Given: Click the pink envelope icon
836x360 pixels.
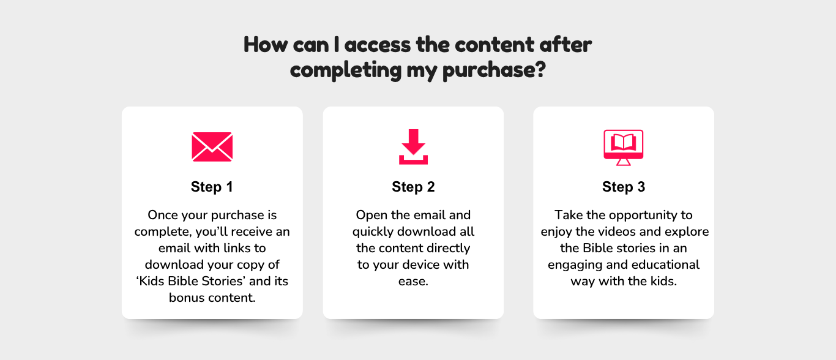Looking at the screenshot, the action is pyautogui.click(x=212, y=147).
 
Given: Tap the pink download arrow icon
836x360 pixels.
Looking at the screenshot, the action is pyautogui.click(x=413, y=147).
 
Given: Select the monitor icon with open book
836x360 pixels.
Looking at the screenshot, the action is pyautogui.click(x=623, y=148).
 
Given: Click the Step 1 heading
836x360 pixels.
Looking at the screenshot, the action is pyautogui.click(x=212, y=187).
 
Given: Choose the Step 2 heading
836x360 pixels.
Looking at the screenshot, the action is pyautogui.click(x=413, y=187).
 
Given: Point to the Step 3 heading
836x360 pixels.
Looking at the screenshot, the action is pyautogui.click(x=623, y=187).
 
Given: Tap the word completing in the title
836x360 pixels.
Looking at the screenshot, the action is pyautogui.click(x=346, y=70).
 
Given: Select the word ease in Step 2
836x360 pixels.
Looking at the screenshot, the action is pyautogui.click(x=412, y=282).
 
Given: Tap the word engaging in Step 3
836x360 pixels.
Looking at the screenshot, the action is pyautogui.click(x=575, y=265).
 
